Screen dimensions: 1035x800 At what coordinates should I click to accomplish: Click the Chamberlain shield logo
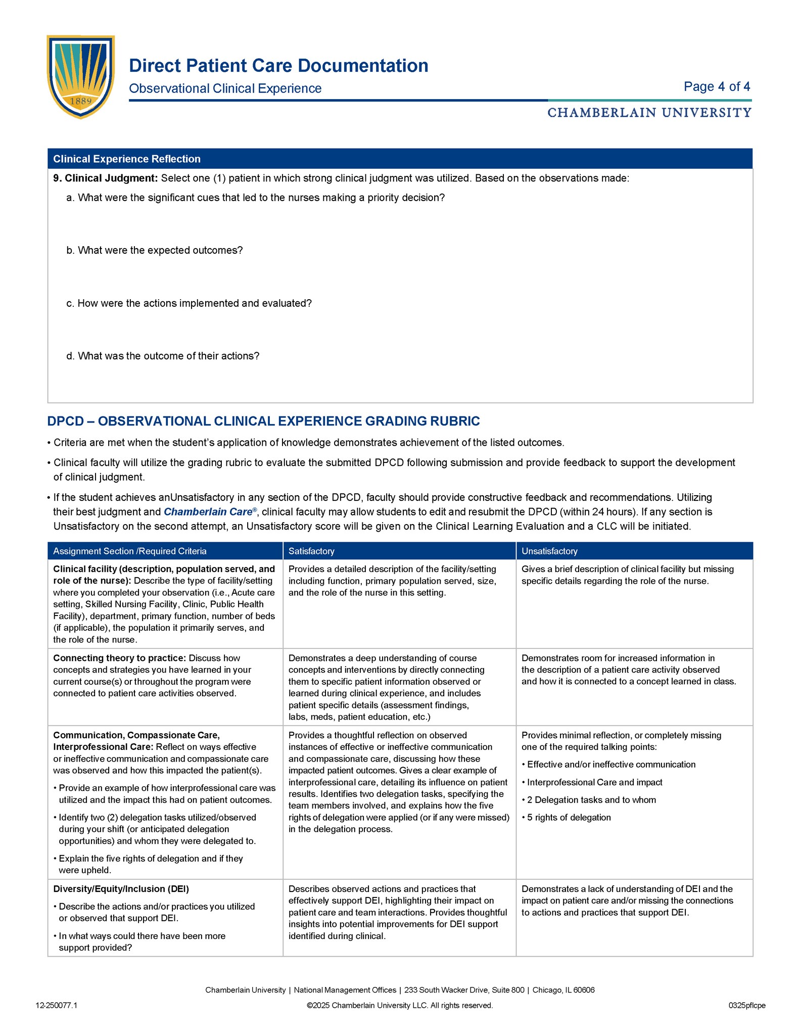[x=81, y=76]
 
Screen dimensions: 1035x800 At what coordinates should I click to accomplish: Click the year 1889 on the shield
[x=81, y=101]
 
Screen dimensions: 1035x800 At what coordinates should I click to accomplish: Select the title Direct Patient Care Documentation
[x=278, y=66]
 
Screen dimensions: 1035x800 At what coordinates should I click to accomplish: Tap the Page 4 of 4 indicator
[x=717, y=86]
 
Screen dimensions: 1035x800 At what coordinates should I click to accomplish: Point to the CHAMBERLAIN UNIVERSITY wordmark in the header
[x=649, y=113]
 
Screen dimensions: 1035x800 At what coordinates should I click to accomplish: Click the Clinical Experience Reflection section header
[x=127, y=159]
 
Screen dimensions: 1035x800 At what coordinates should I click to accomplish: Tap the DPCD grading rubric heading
[x=263, y=421]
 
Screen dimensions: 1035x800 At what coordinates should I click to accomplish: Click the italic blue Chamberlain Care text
[x=208, y=512]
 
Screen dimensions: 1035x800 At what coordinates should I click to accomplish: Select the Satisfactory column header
[x=311, y=551]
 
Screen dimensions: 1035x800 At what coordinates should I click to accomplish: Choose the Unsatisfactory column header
[x=549, y=551]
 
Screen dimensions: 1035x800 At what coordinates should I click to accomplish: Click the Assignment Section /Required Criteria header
[x=130, y=551]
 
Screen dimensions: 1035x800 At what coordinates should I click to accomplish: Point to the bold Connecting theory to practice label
[x=120, y=658]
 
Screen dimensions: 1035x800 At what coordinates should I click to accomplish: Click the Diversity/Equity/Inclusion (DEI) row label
[x=121, y=888]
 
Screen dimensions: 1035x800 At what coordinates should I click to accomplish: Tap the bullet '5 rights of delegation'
[x=569, y=817]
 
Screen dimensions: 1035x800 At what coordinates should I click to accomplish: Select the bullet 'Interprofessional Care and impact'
[x=594, y=782]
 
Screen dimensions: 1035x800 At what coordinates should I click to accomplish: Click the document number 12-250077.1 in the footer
[x=57, y=1005]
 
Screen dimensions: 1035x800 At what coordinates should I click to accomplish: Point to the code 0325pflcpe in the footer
[x=747, y=1005]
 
